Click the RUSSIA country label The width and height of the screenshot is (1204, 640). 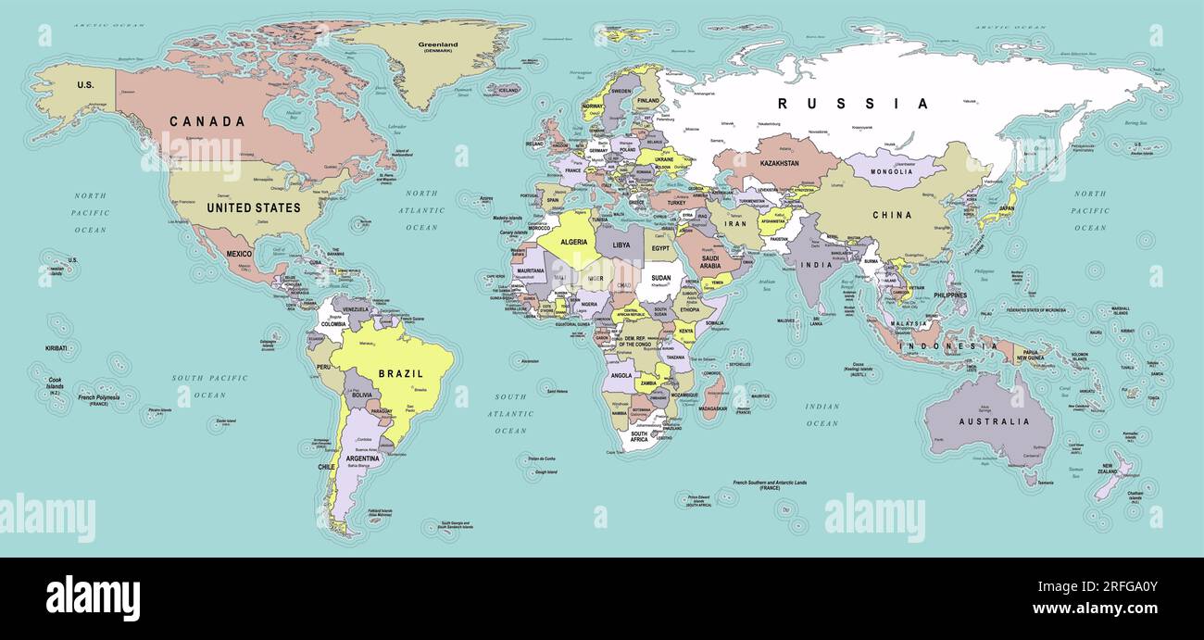852,104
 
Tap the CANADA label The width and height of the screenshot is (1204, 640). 207,121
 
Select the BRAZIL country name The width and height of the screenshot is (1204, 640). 400,374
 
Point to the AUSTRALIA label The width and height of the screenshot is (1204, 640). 994,421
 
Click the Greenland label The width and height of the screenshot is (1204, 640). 439,44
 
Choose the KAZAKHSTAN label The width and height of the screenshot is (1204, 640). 779,163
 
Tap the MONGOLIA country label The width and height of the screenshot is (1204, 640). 891,171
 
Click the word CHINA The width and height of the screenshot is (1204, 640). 892,215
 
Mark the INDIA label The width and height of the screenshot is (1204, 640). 816,265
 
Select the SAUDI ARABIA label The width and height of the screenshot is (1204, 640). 710,262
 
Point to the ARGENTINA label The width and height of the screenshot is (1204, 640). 362,458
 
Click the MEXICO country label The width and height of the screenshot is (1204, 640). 239,254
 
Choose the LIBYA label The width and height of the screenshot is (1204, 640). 621,245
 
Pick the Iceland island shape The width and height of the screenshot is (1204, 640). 504,90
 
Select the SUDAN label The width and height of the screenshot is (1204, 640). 661,278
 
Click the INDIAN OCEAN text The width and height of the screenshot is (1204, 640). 821,415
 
